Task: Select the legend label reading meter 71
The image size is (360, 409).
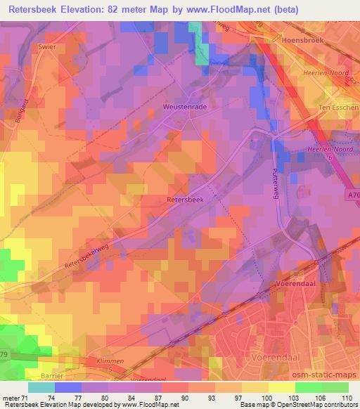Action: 15,399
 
